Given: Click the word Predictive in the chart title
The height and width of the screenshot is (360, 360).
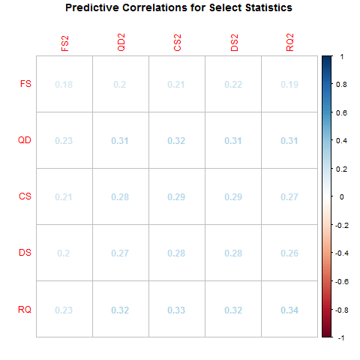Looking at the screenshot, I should click(x=95, y=8).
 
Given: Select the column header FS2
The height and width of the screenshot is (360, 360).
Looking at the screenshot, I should click(x=65, y=43).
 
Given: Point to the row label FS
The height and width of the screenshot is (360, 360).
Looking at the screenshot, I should click(x=25, y=84).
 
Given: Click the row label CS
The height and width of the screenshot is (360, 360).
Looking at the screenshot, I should click(x=25, y=196).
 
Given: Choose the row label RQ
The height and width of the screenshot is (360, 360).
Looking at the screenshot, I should click(x=25, y=309).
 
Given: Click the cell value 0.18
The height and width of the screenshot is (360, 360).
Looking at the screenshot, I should click(x=64, y=84).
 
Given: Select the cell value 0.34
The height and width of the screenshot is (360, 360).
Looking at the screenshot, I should click(x=289, y=309).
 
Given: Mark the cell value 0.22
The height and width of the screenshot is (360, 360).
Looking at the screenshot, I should click(x=233, y=84).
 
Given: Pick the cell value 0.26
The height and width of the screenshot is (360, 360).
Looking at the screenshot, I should click(x=289, y=253).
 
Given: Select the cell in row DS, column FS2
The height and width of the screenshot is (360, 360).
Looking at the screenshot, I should click(x=64, y=253).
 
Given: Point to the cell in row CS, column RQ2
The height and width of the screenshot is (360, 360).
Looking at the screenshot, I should click(x=289, y=196).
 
